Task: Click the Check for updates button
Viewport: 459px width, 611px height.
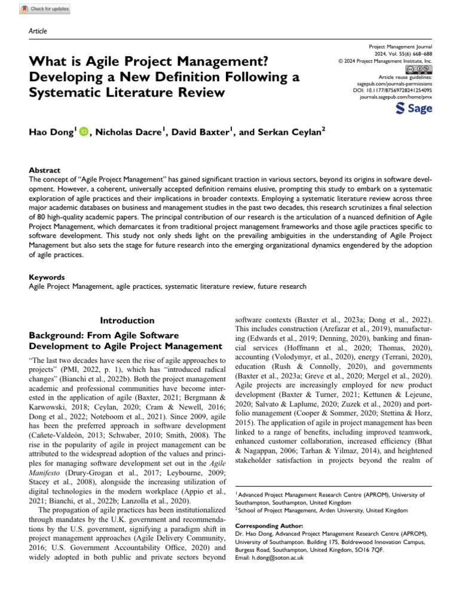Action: click(x=45, y=9)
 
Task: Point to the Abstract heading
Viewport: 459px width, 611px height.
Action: click(x=45, y=170)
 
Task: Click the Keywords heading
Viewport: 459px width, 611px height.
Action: click(x=47, y=277)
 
